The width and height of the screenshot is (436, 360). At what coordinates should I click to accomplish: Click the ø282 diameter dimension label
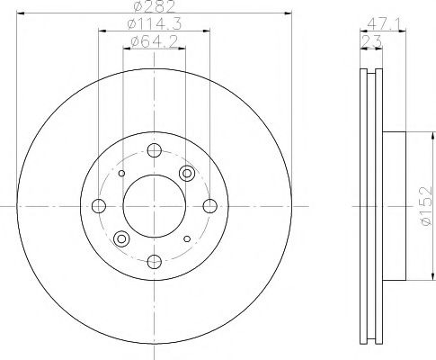click(151, 8)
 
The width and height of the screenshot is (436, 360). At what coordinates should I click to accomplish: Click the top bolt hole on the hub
click(155, 150)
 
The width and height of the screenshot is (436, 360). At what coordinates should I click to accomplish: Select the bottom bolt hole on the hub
click(155, 261)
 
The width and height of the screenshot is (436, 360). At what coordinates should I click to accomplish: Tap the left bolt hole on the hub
click(99, 206)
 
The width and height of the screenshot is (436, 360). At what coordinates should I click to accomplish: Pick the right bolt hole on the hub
click(209, 206)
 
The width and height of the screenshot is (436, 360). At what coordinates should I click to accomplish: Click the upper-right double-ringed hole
click(187, 173)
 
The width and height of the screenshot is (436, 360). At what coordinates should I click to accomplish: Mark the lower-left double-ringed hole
click(121, 238)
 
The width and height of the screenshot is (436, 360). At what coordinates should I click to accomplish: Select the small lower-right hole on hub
click(187, 238)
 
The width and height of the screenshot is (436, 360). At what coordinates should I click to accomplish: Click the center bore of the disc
click(154, 206)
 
